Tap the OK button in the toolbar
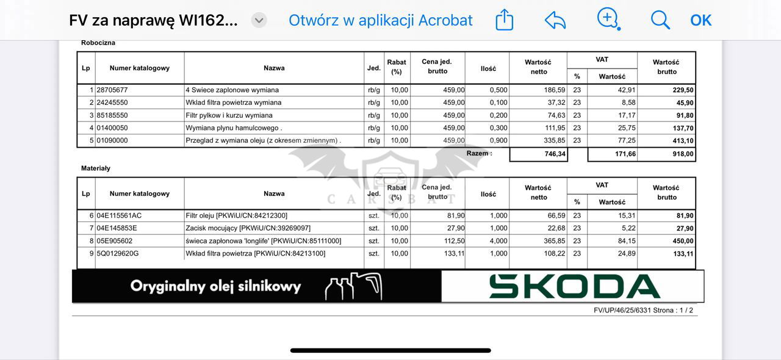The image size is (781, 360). [700, 20]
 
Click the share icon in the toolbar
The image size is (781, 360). [504, 20]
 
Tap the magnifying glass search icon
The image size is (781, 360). [660, 20]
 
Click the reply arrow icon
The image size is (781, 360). [555, 20]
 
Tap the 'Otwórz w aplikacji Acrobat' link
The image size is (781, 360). [380, 20]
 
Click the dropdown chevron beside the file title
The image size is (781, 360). [259, 20]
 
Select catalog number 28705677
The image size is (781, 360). [112, 90]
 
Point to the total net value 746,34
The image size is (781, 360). [555, 154]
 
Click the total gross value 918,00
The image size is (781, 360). [682, 154]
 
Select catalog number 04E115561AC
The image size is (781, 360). [119, 215]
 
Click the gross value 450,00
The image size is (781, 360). [682, 241]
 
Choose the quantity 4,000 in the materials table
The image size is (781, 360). [498, 241]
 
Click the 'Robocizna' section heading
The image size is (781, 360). [98, 43]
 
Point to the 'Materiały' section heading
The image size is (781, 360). [96, 168]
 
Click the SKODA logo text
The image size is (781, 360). [574, 286]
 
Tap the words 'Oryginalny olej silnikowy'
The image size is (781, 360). [215, 286]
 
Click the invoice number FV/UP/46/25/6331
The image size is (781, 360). [622, 310]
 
